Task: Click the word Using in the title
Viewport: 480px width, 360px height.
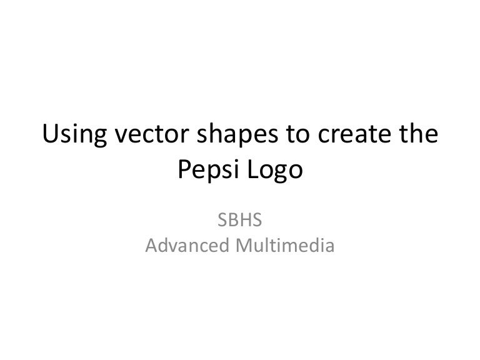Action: click(x=74, y=135)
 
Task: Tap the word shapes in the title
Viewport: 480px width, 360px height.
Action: click(x=237, y=135)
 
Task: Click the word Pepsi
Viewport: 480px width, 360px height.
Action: click(x=209, y=170)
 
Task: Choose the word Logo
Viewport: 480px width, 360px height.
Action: click(x=275, y=171)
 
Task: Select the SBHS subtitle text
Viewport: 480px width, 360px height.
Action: click(x=240, y=220)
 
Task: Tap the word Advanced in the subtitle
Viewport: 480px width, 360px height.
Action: click(x=187, y=245)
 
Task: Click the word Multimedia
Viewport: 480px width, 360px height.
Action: click(x=285, y=245)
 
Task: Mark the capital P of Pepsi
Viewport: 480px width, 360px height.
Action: click(x=184, y=169)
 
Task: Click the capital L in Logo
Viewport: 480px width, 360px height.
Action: click(x=253, y=169)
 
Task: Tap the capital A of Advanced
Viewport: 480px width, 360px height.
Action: click(x=151, y=246)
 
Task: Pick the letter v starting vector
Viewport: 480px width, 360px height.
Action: click(x=121, y=136)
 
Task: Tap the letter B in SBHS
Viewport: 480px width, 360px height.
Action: click(x=233, y=220)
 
